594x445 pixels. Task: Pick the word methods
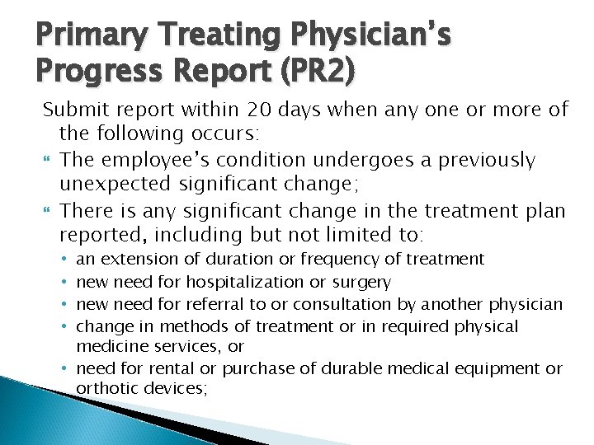pyautogui.click(x=188, y=326)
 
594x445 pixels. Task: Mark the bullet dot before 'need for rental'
pyautogui.click(x=65, y=369)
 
